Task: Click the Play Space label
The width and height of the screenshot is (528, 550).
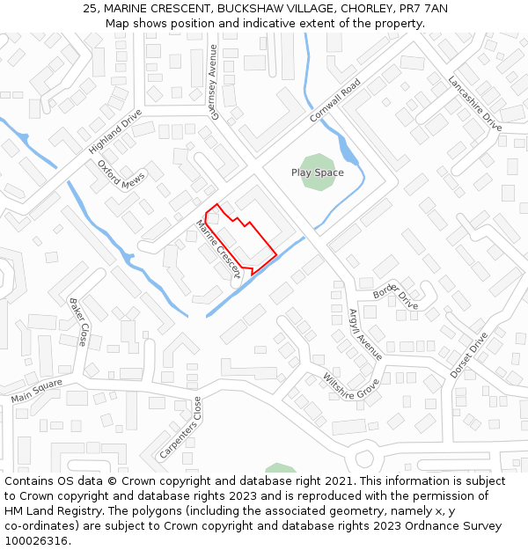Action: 317,172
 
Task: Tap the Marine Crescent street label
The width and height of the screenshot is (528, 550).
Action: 217,249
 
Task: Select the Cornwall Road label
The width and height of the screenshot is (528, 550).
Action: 335,101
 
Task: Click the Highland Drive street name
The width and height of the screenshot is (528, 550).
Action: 115,132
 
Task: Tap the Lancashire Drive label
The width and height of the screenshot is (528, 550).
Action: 474,103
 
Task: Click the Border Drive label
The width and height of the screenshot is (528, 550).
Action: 395,297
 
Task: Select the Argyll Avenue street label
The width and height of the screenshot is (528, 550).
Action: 365,334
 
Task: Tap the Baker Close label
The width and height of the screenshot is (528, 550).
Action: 78,321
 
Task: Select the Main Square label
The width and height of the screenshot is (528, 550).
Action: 37,392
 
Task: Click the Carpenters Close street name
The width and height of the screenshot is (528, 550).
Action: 180,427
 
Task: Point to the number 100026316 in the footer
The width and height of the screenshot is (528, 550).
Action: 38,540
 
